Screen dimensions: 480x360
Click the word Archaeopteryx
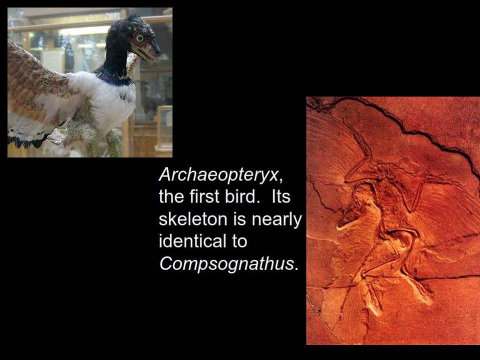(x=218, y=175)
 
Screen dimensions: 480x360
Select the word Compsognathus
(x=226, y=263)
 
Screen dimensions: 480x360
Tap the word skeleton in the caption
(x=193, y=219)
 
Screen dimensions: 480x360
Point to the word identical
(x=190, y=241)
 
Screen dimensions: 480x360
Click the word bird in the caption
(x=240, y=196)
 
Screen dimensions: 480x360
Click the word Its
(x=280, y=196)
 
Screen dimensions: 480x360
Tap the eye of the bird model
(x=139, y=38)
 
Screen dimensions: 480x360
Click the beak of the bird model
(x=149, y=52)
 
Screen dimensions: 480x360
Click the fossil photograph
(x=393, y=220)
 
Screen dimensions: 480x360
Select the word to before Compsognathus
(x=239, y=241)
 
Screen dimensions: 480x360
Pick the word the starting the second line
(x=172, y=196)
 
